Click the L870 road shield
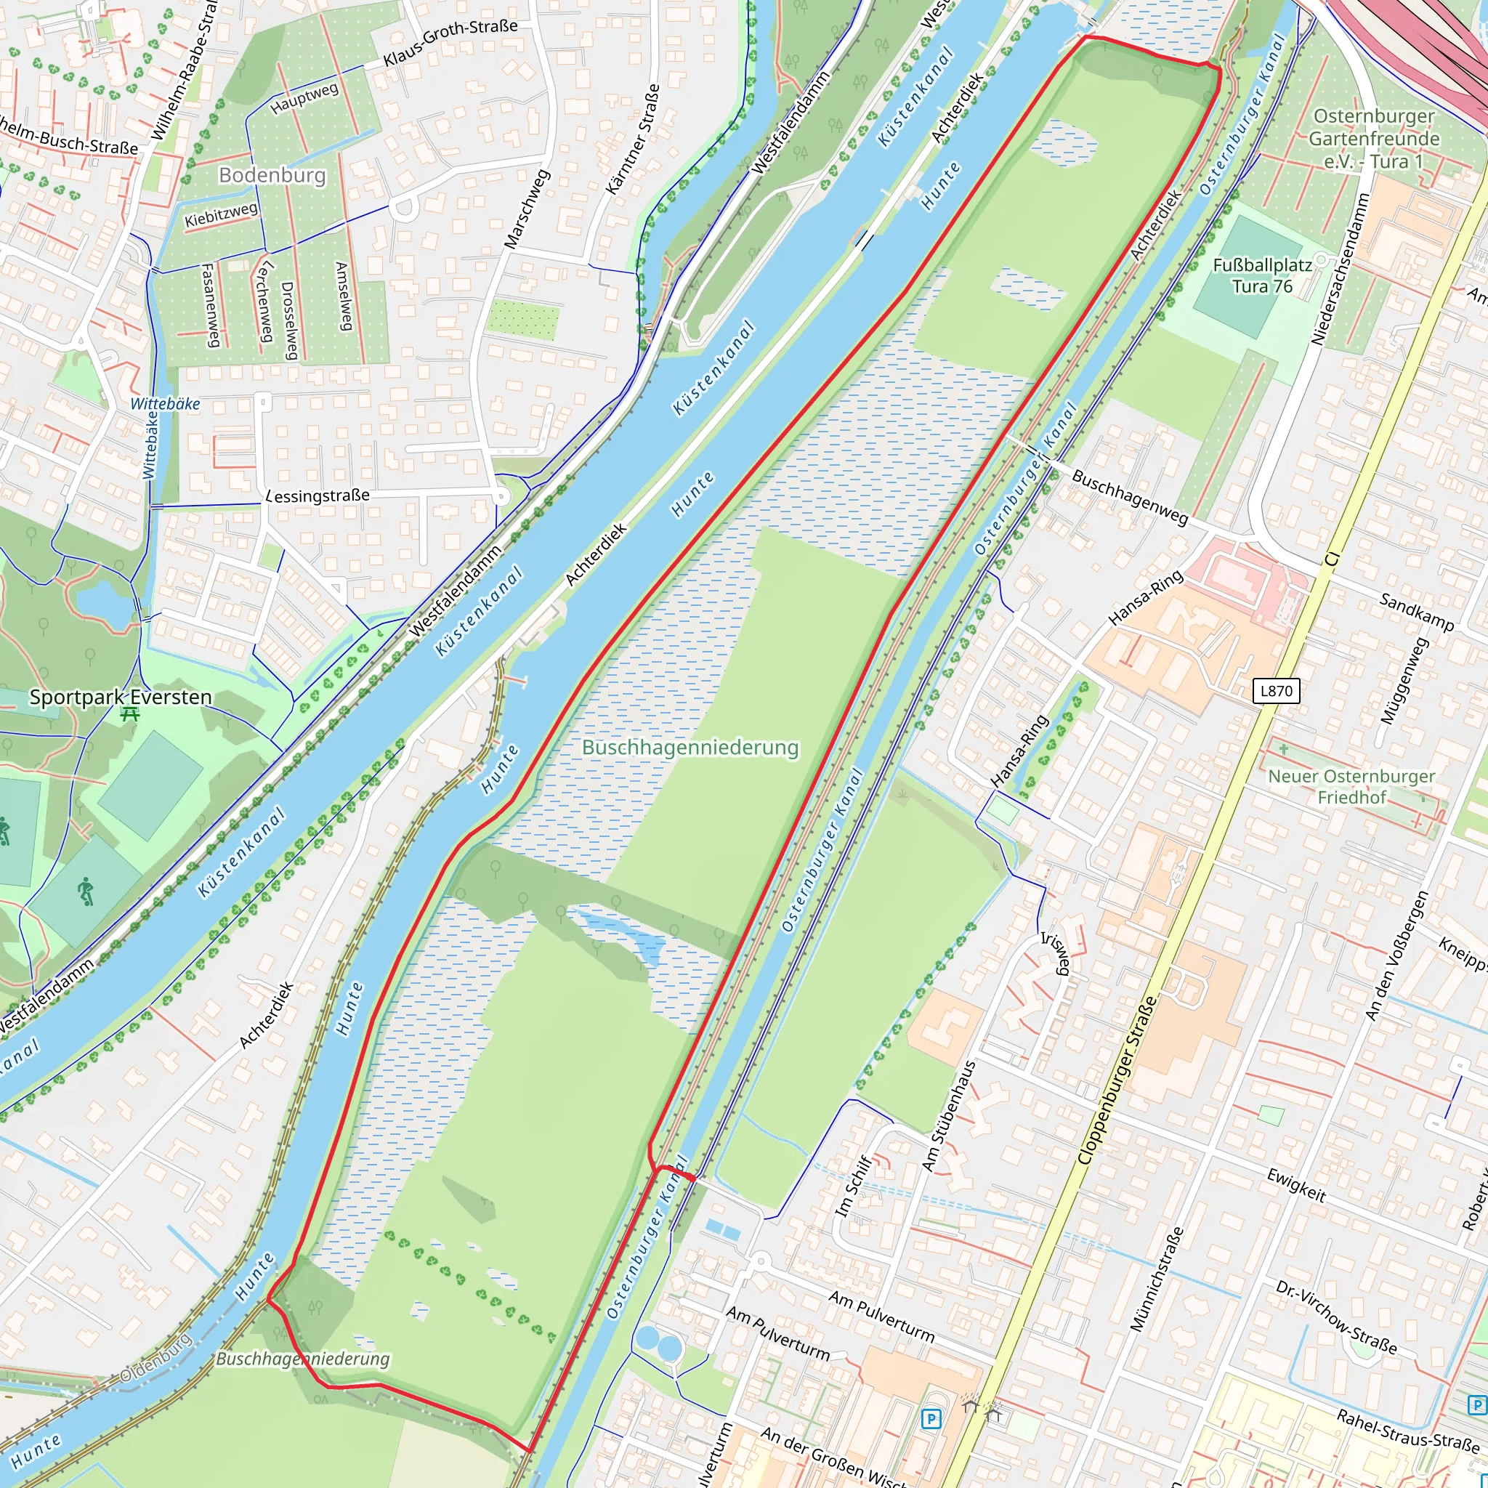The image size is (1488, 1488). point(1275,690)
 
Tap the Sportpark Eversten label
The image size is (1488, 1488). point(120,697)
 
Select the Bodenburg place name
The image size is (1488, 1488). point(272,175)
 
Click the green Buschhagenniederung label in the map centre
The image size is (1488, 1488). point(690,747)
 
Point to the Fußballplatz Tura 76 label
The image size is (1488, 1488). point(1261,275)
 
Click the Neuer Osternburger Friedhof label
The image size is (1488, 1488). point(1351,786)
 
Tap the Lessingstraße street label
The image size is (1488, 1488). point(318,496)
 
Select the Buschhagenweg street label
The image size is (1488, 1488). point(1129,497)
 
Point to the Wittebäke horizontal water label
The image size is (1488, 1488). point(165,403)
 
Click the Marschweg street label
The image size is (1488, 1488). point(527,209)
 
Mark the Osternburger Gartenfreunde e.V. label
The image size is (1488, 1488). point(1374,139)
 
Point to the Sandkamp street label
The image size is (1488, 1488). point(1416,612)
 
